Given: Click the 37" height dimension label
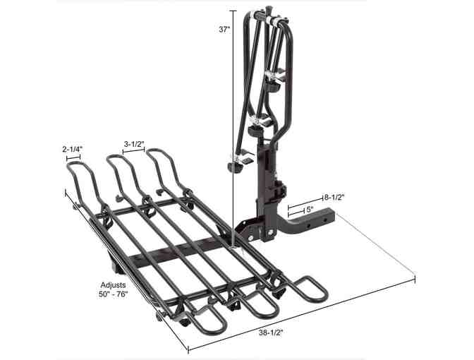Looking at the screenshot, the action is pyautogui.click(x=224, y=30).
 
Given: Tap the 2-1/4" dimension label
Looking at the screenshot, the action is pyautogui.click(x=73, y=149).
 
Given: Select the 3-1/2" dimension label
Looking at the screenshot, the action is pyautogui.click(x=134, y=144).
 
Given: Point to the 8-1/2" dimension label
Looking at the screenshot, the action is pyautogui.click(x=334, y=198).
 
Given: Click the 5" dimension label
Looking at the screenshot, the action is pyautogui.click(x=310, y=210).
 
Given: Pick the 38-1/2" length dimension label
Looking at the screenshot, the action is pyautogui.click(x=271, y=332).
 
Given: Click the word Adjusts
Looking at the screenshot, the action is pyautogui.click(x=113, y=285).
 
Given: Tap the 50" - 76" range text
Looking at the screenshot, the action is pyautogui.click(x=113, y=294).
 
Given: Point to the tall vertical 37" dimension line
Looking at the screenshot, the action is pyautogui.click(x=233, y=129).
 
